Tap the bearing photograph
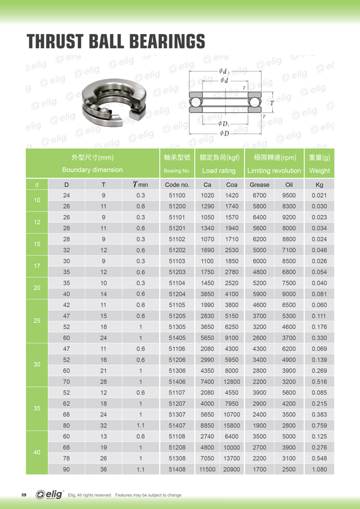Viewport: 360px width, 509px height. point(114,102)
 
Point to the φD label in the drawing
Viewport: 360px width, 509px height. point(224,133)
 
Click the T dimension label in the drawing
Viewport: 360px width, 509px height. point(272,103)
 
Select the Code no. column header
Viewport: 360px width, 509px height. point(177,184)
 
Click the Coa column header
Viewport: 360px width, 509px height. point(231,184)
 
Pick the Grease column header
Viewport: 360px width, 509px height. point(260,184)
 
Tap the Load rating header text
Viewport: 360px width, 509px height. point(219,171)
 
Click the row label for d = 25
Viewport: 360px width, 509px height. point(37,321)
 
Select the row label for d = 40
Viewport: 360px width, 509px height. point(37,452)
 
